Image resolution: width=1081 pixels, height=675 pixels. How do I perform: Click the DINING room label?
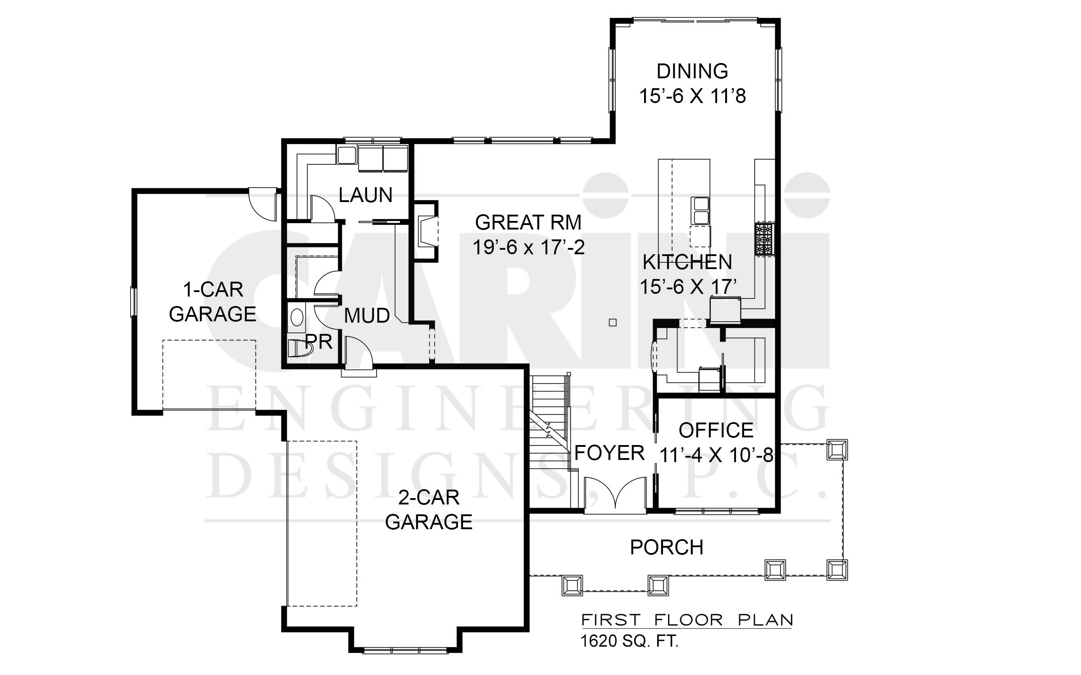[x=692, y=71]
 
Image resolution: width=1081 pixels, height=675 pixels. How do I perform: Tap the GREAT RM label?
[x=528, y=222]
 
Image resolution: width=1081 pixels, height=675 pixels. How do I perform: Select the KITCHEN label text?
[x=687, y=262]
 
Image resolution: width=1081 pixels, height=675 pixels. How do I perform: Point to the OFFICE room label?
[x=716, y=431]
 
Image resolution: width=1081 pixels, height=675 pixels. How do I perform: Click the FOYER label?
[x=609, y=453]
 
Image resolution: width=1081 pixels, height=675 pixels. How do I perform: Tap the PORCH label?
[x=667, y=547]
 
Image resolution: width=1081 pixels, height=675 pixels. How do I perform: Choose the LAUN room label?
[x=365, y=195]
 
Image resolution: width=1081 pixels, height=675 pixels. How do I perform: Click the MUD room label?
[x=367, y=316]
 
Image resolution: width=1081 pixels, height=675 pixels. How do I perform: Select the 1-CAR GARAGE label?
[x=213, y=301]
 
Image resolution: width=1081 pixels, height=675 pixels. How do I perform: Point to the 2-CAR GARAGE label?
[x=429, y=510]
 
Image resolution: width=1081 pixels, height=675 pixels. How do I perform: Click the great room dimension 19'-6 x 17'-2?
[x=528, y=247]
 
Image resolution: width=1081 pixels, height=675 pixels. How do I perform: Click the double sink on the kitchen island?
[x=700, y=210]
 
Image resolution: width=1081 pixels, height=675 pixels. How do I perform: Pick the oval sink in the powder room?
[x=297, y=318]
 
